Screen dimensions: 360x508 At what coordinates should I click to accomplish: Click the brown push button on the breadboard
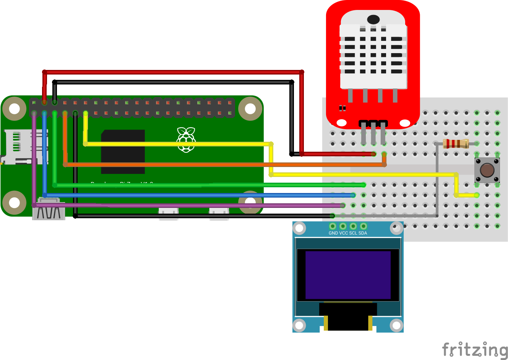pos(487,170)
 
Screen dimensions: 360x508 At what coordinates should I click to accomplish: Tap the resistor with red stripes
pos(456,144)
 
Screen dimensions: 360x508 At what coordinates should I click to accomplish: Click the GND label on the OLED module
pos(333,233)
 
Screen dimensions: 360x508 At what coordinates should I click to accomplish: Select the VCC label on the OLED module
pos(343,233)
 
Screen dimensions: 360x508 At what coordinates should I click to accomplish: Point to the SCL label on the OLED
pos(353,233)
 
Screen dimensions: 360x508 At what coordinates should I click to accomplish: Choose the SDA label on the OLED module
pos(363,233)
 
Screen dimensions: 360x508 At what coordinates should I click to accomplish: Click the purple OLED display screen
pos(348,275)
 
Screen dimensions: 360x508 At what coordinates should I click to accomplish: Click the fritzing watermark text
pos(475,349)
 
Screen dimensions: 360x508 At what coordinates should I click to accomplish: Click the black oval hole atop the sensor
pos(373,19)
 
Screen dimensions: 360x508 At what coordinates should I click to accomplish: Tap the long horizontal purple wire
pos(191,206)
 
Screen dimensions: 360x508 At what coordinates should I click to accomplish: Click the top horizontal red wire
pos(172,72)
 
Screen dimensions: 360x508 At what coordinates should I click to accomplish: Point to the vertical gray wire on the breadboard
pos(437,180)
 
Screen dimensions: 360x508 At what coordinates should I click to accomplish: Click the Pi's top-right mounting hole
pos(250,109)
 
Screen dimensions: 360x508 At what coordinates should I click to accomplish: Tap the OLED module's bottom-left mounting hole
pos(299,326)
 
